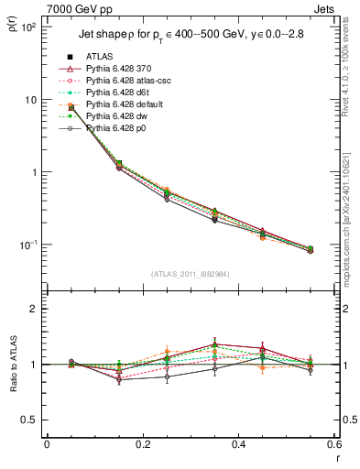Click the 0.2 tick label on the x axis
(142, 444)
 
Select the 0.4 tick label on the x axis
(238, 444)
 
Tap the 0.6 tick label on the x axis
(333, 444)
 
